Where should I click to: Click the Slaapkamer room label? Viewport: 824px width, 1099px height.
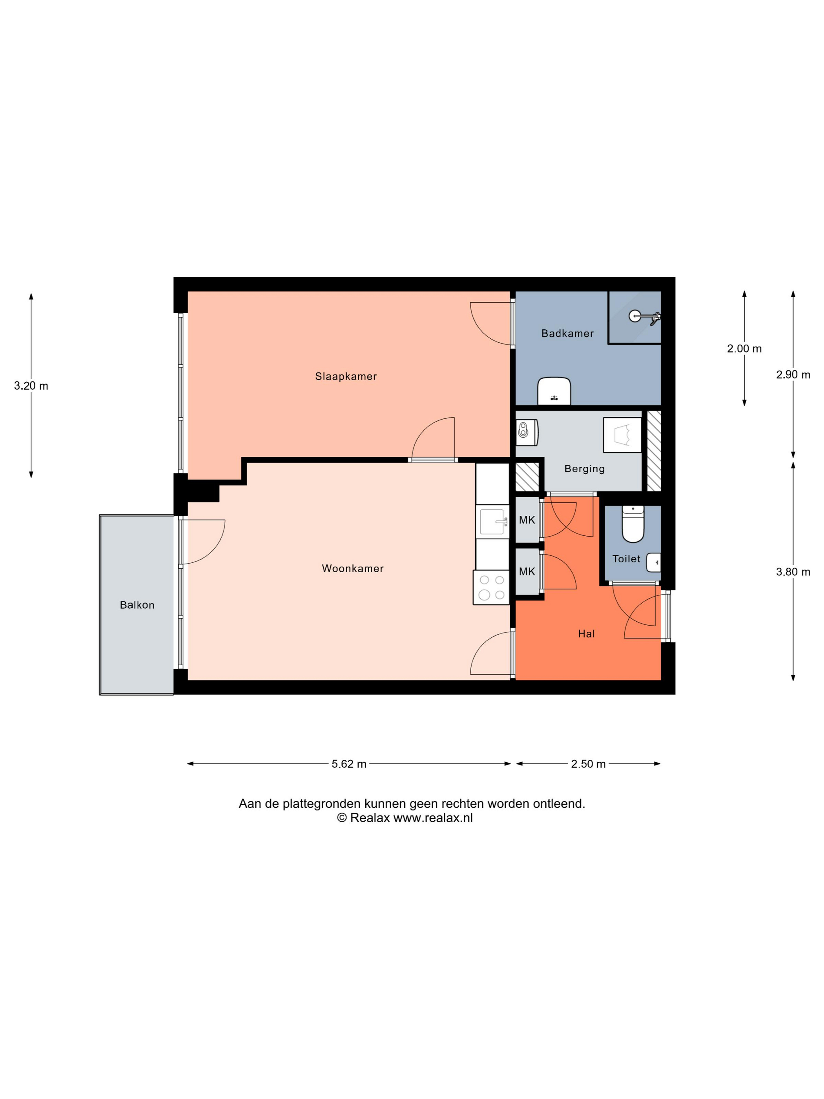tap(346, 376)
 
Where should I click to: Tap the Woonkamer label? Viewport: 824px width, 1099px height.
tap(353, 568)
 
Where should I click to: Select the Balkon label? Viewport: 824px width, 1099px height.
tap(137, 605)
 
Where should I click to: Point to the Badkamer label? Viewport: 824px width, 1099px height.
tap(567, 333)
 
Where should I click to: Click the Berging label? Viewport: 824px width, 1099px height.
tap(585, 469)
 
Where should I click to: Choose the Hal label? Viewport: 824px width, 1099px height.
tap(586, 634)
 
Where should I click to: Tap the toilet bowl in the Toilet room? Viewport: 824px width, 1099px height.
tap(633, 524)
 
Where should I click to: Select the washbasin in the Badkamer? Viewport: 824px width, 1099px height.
tap(554, 391)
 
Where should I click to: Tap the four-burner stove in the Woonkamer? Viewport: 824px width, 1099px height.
tap(491, 588)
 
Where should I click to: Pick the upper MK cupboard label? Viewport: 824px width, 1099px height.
tap(527, 520)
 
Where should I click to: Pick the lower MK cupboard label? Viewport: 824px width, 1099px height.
tap(527, 571)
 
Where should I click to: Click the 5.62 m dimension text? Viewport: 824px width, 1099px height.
tap(349, 764)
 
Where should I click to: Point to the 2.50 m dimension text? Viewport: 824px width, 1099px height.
tap(588, 764)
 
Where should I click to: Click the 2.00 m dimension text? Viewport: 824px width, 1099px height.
tap(744, 349)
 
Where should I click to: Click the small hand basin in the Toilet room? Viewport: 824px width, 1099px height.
tap(653, 562)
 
